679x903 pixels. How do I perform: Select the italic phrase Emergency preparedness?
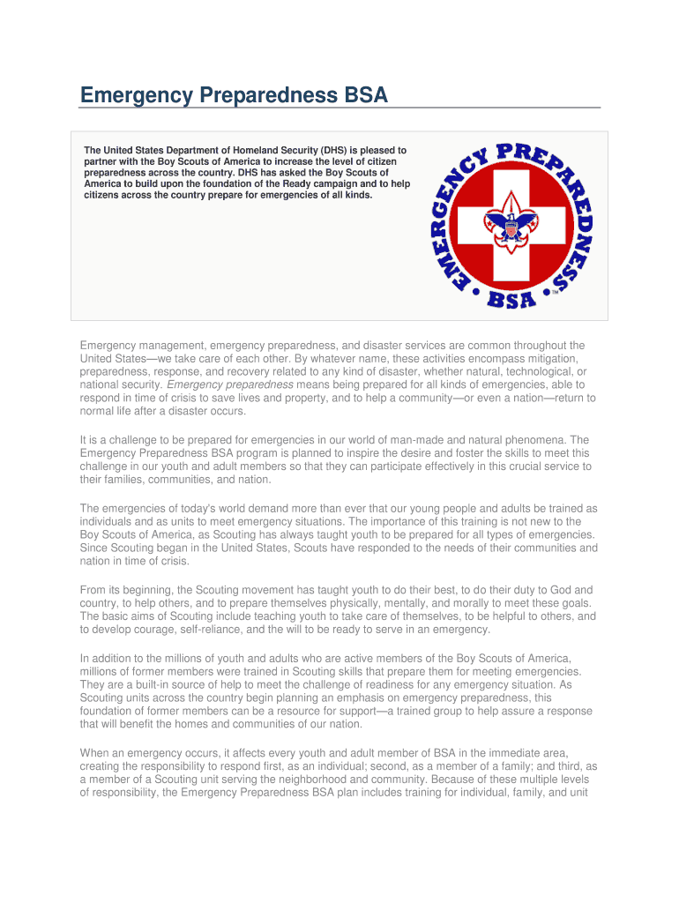pyautogui.click(x=231, y=384)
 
